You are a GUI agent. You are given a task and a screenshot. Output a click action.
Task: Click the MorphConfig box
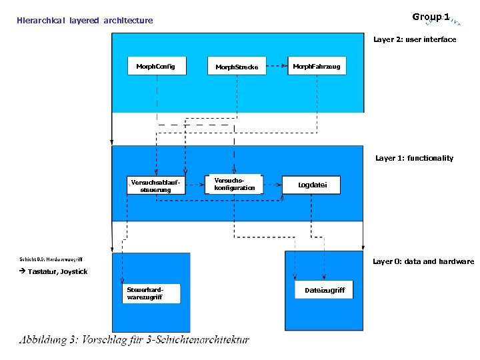tap(156, 66)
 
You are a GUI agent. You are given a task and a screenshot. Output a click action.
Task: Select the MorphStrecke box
tap(237, 67)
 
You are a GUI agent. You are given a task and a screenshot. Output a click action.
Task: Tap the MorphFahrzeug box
tap(317, 66)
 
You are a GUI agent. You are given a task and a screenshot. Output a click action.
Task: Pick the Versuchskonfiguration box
tap(235, 184)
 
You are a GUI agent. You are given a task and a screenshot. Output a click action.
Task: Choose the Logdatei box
tap(312, 185)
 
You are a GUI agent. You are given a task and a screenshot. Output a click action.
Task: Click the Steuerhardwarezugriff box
tap(151, 293)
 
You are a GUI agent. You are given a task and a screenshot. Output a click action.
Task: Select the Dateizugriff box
tap(325, 290)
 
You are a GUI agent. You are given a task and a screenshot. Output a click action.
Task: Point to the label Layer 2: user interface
tap(415, 40)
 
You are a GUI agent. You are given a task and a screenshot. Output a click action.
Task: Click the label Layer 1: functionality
tap(414, 159)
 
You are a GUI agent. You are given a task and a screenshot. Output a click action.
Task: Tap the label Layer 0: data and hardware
tap(423, 261)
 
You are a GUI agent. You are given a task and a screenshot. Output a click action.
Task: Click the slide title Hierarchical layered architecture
tap(85, 21)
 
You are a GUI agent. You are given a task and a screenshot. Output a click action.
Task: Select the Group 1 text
tap(431, 17)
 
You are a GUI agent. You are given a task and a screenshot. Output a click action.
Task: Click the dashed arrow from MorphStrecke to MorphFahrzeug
tap(277, 66)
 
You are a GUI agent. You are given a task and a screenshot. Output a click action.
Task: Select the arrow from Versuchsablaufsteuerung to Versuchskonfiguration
tap(194, 181)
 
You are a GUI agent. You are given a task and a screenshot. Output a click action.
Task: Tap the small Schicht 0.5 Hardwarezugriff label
tap(51, 259)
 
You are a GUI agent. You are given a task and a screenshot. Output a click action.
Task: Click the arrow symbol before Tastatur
tap(22, 271)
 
